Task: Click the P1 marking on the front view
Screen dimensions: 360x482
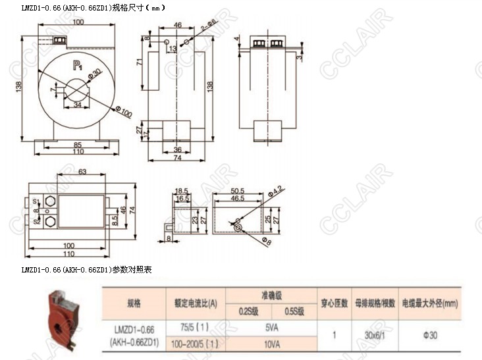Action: point(76,64)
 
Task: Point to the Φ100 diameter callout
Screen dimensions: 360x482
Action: point(124,113)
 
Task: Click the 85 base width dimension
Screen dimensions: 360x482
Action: point(78,145)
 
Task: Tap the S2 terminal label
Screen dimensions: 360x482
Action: point(36,222)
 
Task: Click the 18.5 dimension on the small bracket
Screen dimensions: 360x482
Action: point(181,190)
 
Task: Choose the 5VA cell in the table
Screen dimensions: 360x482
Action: point(271,326)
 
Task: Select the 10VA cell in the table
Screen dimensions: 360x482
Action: point(271,343)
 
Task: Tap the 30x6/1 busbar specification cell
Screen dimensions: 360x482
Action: point(375,334)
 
